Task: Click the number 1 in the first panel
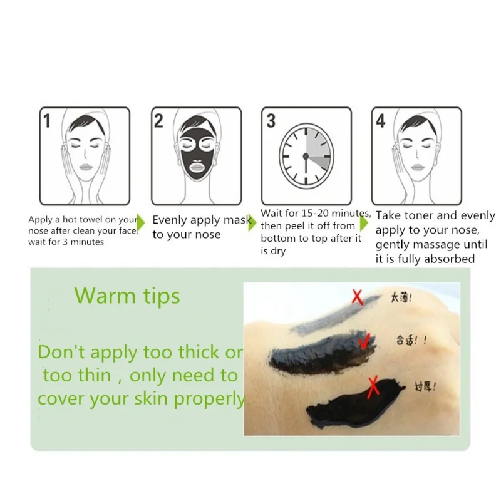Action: click(47, 121)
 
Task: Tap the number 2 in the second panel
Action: click(158, 121)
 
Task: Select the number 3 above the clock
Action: click(271, 121)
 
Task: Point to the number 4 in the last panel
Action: click(381, 121)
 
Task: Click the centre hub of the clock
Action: click(306, 156)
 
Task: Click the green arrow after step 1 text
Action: click(140, 223)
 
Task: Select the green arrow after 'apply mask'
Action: click(252, 223)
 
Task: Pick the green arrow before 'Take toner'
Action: click(364, 223)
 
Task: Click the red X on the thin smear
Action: click(358, 297)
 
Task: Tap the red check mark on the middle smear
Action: click(364, 341)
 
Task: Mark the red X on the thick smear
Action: click(373, 387)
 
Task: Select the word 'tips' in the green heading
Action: click(162, 297)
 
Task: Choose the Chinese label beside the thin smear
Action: click(401, 298)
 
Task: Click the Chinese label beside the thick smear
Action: click(425, 387)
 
